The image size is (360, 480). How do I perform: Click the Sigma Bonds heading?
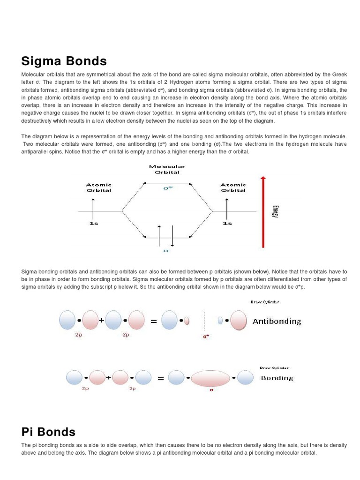coord(64,61)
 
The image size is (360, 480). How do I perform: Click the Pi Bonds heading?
coord(48,432)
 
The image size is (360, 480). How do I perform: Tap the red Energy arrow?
coord(263,211)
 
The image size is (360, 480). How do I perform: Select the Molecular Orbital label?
coord(167,169)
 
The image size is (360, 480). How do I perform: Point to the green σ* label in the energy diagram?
coord(167,187)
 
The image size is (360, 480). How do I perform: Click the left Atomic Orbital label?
coord(98,187)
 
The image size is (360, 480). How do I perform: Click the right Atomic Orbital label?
coord(233,187)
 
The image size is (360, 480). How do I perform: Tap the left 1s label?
coord(94,224)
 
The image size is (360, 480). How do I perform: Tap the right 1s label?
coord(227,224)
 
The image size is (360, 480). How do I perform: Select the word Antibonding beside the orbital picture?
coord(277,322)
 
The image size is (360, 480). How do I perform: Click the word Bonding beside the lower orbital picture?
coord(277,378)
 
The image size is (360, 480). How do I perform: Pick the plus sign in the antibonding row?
coord(101,321)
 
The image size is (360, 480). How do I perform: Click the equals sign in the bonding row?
coord(160,377)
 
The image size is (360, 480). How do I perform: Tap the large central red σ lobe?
coord(211,377)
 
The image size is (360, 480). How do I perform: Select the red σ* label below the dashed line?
coord(205,336)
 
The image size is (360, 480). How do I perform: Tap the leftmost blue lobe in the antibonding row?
coord(67,321)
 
